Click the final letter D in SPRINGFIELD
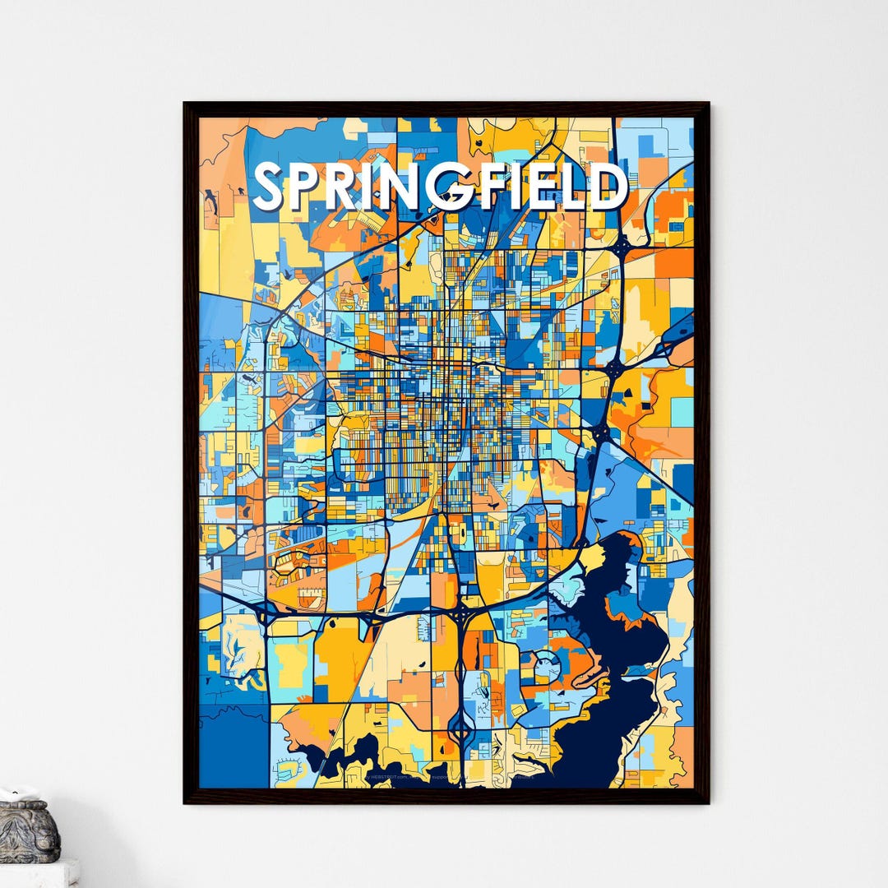pyautogui.click(x=610, y=186)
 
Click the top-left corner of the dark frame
pyautogui.click(x=187, y=105)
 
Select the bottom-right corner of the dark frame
pyautogui.click(x=706, y=801)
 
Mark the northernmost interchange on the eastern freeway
pyautogui.click(x=622, y=244)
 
